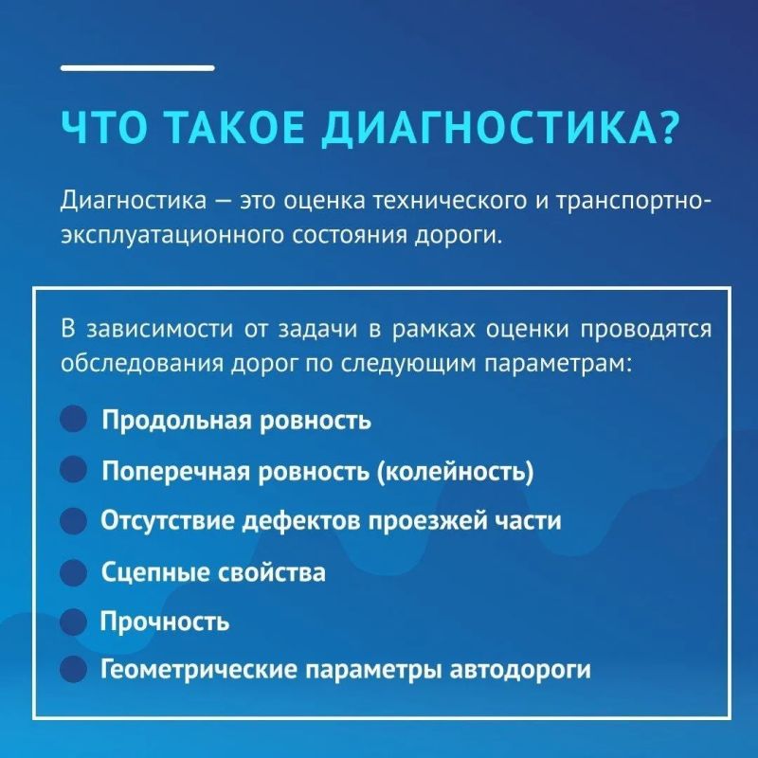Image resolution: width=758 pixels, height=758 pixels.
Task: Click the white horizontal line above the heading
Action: coord(137,68)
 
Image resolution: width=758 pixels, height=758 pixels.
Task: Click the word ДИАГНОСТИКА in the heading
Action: coord(489,129)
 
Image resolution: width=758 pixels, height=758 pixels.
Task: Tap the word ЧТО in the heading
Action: coord(103,128)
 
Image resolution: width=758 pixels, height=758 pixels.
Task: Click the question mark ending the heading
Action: coord(670,128)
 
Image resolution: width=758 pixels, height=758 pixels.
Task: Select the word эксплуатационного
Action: coord(172,236)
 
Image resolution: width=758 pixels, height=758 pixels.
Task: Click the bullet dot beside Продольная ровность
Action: coord(74,418)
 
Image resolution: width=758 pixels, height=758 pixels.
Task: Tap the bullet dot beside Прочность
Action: coord(74,622)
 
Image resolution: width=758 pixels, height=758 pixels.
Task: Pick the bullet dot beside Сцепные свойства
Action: coord(74,572)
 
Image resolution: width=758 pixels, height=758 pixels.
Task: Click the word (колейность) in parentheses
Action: coord(455,471)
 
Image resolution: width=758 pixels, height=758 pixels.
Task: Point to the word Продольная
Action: coord(177,420)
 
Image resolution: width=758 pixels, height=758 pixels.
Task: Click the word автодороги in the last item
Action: coord(520,671)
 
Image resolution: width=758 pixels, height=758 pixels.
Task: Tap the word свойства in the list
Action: coord(272,573)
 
